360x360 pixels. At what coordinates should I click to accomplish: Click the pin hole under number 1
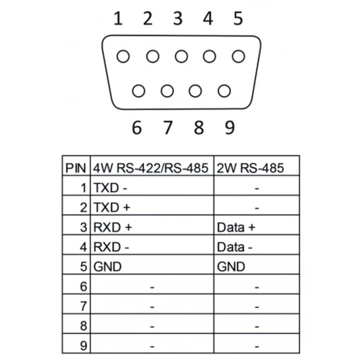(124, 56)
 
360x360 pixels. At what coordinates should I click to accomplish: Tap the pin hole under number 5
(239, 56)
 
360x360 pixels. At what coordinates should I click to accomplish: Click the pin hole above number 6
(139, 91)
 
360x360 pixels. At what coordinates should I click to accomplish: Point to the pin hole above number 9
(224, 91)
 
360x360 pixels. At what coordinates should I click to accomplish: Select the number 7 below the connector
(168, 128)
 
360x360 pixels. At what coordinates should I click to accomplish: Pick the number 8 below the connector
(199, 128)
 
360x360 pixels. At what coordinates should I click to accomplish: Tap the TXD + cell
(111, 208)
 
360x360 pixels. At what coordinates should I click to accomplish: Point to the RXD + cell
(112, 227)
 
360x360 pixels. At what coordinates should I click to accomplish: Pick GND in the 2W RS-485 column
(231, 267)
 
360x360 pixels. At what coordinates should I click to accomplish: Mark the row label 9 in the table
(83, 346)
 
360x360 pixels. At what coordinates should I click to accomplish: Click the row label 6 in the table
(83, 287)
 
